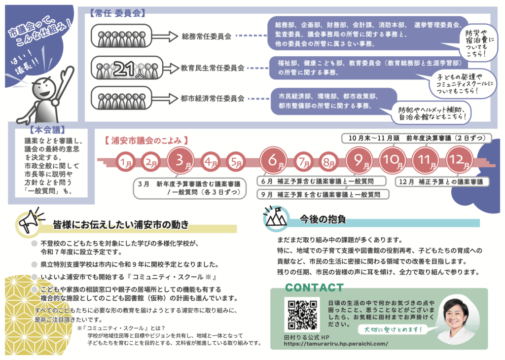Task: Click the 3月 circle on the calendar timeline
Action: [x=181, y=161]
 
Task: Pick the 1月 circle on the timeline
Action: [x=126, y=162]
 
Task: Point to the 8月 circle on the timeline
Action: [x=326, y=162]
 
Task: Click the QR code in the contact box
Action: [x=302, y=315]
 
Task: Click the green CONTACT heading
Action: [x=315, y=288]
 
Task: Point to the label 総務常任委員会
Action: [x=207, y=36]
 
